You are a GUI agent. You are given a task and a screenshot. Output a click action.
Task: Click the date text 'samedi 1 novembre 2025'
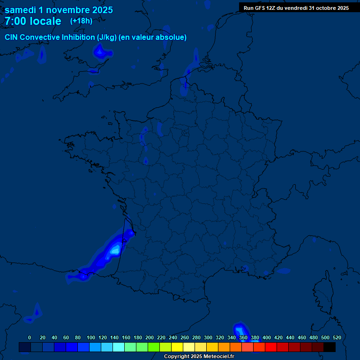click(59, 10)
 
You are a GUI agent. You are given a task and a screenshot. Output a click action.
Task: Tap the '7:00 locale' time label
click(33, 21)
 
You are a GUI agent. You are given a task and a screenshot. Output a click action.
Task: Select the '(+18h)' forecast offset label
click(81, 21)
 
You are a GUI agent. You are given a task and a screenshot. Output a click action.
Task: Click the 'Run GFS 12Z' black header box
click(296, 7)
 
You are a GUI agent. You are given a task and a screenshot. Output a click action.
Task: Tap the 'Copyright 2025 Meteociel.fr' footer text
click(199, 356)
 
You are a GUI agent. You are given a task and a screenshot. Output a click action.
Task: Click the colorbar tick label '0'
click(30, 337)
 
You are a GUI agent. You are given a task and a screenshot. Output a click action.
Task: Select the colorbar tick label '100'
click(91, 337)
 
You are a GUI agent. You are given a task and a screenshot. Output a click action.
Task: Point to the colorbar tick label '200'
click(150, 337)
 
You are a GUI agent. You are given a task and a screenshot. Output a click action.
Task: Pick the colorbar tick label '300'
click(208, 337)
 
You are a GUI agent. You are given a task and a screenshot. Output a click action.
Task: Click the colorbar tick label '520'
click(337, 337)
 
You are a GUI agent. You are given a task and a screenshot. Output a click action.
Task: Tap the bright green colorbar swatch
click(154, 347)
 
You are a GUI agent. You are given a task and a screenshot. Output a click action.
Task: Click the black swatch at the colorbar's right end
click(330, 347)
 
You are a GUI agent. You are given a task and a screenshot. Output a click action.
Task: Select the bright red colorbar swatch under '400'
click(271, 347)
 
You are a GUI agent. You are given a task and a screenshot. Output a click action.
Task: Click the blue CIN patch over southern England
click(101, 52)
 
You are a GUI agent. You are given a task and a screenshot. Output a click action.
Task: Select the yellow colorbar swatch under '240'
click(177, 347)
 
